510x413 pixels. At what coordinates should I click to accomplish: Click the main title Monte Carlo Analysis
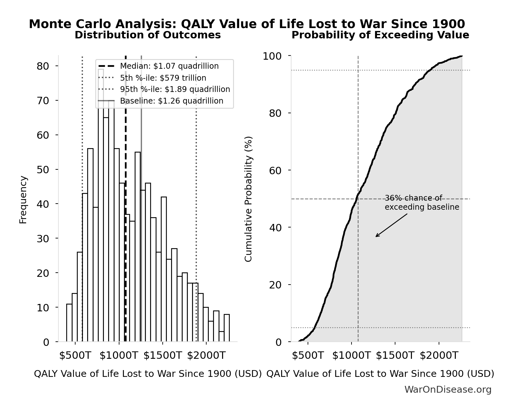click(x=247, y=24)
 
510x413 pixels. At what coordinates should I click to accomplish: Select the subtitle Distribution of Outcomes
click(x=148, y=35)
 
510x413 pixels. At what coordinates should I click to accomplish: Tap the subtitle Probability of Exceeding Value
click(x=380, y=35)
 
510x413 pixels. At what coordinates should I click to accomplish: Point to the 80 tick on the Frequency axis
click(x=43, y=66)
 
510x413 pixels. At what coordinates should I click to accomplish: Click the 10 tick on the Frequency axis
click(x=43, y=307)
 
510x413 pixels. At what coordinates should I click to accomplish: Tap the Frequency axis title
click(x=23, y=199)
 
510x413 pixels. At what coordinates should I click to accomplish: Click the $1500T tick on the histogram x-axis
click(x=162, y=356)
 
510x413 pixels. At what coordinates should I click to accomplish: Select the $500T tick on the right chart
click(x=308, y=356)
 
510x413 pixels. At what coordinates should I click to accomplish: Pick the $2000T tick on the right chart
click(x=439, y=356)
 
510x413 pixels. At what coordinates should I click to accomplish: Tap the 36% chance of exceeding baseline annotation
click(x=422, y=203)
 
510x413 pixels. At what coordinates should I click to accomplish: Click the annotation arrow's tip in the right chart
click(x=376, y=237)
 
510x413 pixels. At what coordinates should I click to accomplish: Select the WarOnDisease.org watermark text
click(x=448, y=390)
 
